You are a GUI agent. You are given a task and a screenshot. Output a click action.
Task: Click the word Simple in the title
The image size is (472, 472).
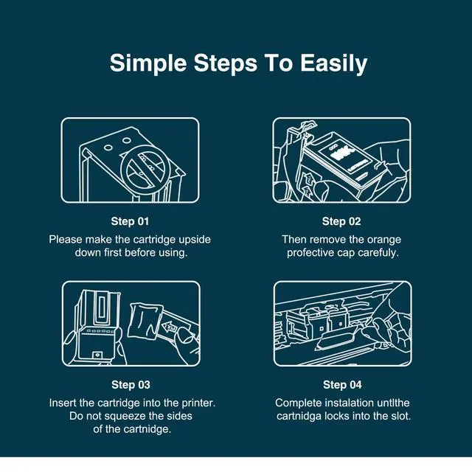tap(148, 64)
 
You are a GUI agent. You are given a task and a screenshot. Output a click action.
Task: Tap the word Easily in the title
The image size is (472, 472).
tap(333, 64)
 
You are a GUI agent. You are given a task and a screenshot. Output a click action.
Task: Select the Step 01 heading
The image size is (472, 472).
tap(130, 221)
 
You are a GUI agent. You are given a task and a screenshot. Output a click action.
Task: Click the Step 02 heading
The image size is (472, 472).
tap(341, 221)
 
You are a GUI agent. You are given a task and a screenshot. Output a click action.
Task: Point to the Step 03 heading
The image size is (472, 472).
tap(131, 384)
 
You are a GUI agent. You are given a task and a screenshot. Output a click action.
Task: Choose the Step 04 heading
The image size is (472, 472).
tap(342, 384)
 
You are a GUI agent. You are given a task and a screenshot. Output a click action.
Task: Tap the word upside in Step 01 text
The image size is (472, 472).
tap(195, 240)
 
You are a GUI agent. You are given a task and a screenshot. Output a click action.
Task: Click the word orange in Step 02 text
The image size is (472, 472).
tap(384, 240)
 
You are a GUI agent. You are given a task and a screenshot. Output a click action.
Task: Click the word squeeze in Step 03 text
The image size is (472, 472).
tap(125, 416)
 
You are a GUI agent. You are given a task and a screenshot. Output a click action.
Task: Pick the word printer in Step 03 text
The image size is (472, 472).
tap(198, 403)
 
